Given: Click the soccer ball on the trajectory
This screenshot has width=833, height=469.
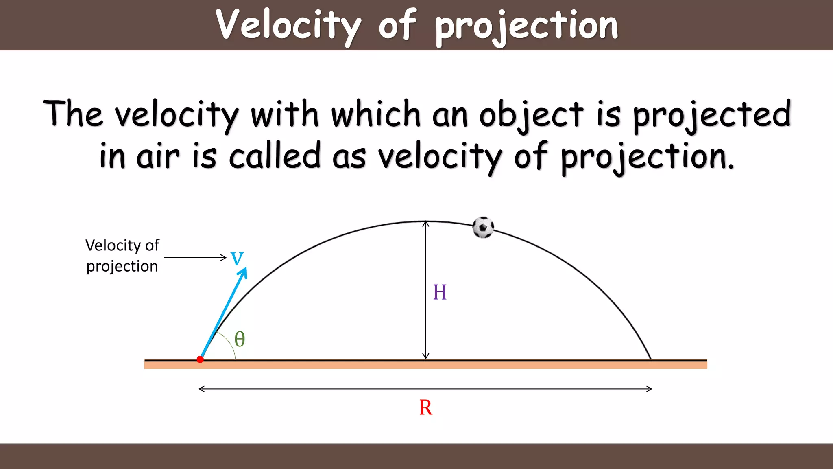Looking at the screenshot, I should (x=483, y=227).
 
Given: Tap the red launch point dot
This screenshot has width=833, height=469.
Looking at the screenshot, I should (x=200, y=359).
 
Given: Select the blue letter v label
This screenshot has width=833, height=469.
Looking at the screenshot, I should (x=237, y=257).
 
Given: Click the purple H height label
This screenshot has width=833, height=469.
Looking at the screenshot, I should (x=440, y=292).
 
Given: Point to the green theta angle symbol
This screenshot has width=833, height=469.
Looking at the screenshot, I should (x=240, y=339).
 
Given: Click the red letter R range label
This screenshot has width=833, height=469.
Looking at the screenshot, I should (x=425, y=408).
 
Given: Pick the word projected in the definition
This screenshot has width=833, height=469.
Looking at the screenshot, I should (x=712, y=115).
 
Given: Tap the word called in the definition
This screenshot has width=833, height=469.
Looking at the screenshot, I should (x=275, y=156).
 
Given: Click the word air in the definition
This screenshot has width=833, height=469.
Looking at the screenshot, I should (x=158, y=157).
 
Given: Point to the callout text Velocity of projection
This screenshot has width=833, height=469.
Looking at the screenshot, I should (x=122, y=256).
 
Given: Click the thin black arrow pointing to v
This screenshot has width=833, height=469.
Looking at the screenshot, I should (x=195, y=257).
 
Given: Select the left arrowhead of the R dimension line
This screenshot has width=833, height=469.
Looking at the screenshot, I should (x=201, y=389).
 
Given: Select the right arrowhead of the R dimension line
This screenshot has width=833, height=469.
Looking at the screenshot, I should (x=650, y=389).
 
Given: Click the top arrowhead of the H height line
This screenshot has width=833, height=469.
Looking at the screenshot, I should (x=425, y=224).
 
